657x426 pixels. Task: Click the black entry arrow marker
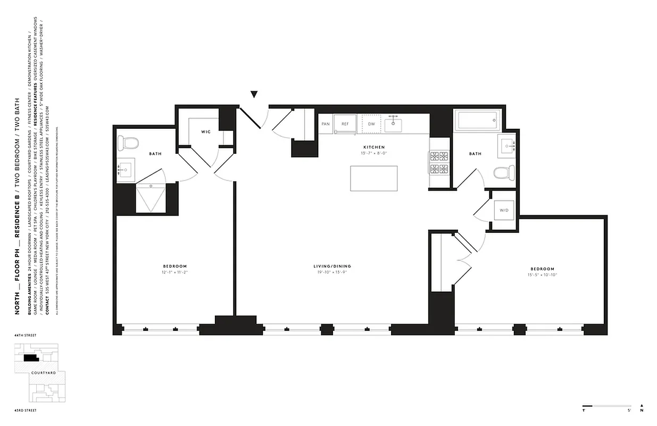(x=254, y=95)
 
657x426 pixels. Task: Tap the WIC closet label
(x=206, y=132)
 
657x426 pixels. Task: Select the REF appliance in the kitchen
(x=345, y=124)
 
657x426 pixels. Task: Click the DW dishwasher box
(x=372, y=124)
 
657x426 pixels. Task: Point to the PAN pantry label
(x=325, y=124)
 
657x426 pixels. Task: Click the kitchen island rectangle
(x=373, y=178)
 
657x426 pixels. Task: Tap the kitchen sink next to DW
(x=394, y=124)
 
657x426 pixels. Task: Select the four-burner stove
(x=439, y=163)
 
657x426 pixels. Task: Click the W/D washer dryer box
(x=503, y=210)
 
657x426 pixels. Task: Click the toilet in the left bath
(x=128, y=143)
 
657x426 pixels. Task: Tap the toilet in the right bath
(x=503, y=173)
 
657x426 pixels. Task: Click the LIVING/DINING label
(x=332, y=266)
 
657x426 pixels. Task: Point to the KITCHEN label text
(x=373, y=147)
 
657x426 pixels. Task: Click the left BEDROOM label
(x=175, y=266)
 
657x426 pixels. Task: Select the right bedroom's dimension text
(x=542, y=275)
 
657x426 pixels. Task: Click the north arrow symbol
(x=642, y=407)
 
